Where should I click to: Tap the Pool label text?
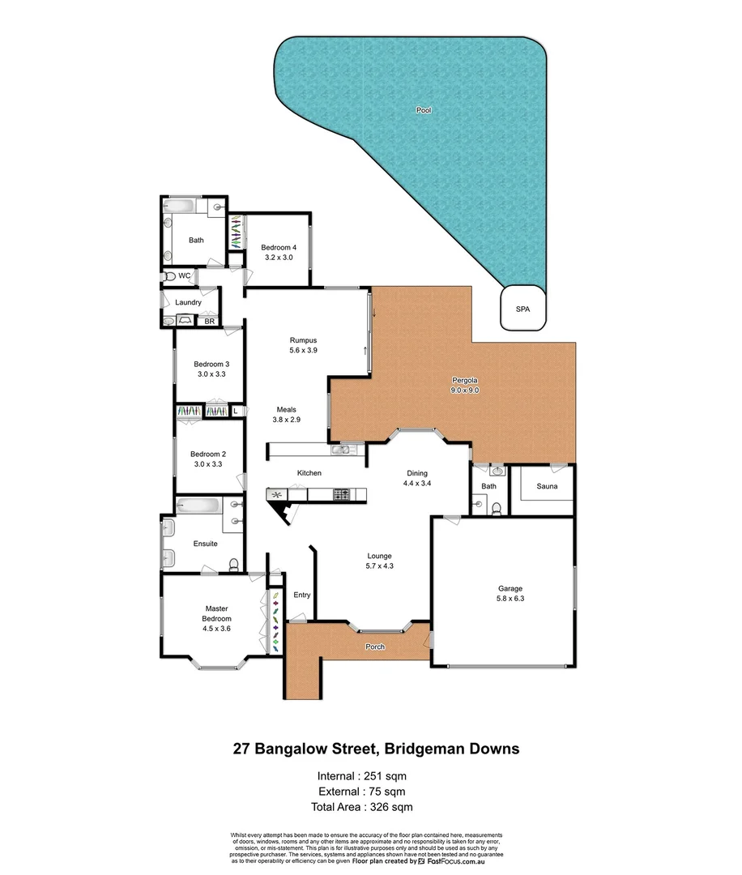pyautogui.click(x=423, y=109)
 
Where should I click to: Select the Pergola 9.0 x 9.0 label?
pyautogui.click(x=467, y=385)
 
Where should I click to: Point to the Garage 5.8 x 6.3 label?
pyautogui.click(x=510, y=594)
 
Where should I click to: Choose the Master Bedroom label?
pyautogui.click(x=217, y=613)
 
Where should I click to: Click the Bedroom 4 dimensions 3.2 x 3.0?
pyautogui.click(x=278, y=257)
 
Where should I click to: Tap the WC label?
pyautogui.click(x=185, y=276)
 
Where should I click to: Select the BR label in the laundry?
pyautogui.click(x=209, y=322)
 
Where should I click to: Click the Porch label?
pyautogui.click(x=375, y=647)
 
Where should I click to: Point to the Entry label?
pyautogui.click(x=302, y=595)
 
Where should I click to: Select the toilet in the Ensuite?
pyautogui.click(x=233, y=564)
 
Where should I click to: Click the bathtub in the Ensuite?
pyautogui.click(x=198, y=505)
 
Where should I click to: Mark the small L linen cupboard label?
pyautogui.click(x=236, y=412)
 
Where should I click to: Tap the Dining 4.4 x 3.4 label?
pyautogui.click(x=417, y=478)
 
